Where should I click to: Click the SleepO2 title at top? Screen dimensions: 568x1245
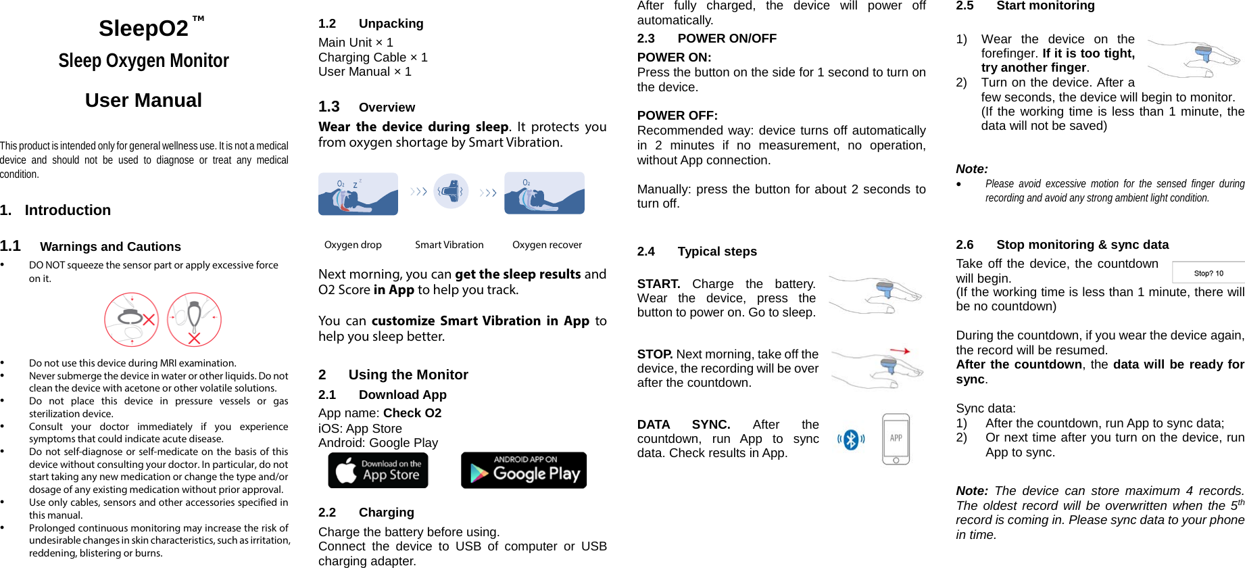[143, 28]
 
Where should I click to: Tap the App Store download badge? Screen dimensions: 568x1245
[378, 470]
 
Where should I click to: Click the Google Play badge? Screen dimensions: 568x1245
[523, 470]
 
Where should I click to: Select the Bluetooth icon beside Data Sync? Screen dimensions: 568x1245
[851, 440]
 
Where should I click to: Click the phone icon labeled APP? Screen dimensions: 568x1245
[896, 440]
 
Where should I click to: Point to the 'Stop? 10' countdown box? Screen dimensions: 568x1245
[1208, 273]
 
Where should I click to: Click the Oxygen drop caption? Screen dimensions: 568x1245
[353, 245]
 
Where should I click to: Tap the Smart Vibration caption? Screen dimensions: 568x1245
[449, 245]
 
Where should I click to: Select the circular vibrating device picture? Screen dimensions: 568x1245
[451, 191]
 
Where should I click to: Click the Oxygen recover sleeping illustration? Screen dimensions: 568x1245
[544, 193]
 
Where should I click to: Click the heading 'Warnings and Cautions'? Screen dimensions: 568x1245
[110, 247]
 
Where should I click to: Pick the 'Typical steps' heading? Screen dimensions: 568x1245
[716, 252]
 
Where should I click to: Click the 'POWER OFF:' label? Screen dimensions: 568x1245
[677, 116]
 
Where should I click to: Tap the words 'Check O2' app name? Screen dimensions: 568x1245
[412, 413]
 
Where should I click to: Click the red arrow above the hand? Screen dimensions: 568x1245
[900, 351]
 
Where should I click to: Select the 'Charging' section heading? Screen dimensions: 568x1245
[386, 513]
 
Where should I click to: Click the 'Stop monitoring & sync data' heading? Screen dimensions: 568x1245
[1081, 245]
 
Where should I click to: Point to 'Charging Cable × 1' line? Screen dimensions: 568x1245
[372, 57]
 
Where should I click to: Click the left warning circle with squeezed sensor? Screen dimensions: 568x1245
[131, 319]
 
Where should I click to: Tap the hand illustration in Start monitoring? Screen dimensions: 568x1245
[1194, 59]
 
